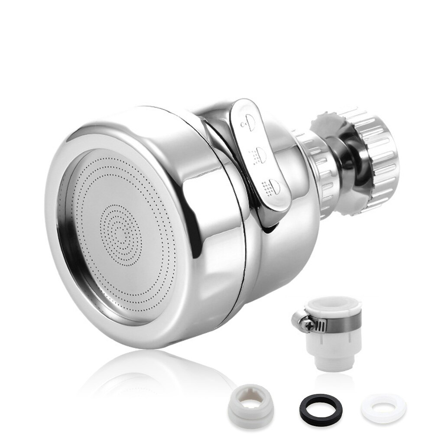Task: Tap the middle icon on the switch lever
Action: click(x=260, y=152)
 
